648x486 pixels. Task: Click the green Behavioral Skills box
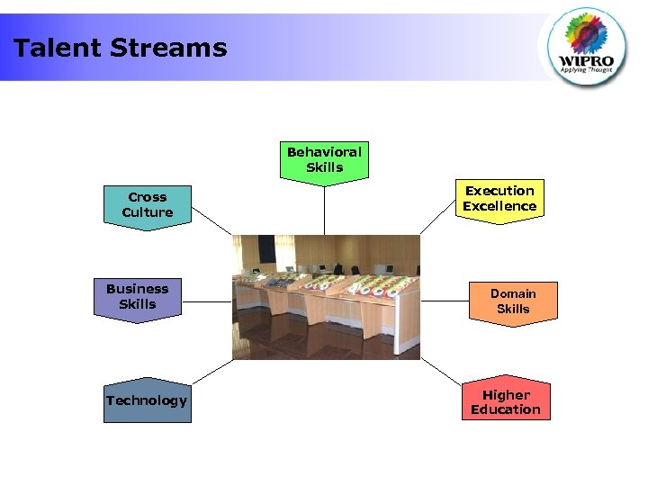(324, 160)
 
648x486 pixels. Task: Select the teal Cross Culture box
(148, 205)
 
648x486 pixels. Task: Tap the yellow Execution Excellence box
(499, 199)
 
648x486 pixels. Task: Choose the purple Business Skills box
(137, 297)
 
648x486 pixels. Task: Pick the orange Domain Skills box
(513, 301)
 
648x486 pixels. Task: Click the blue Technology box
(147, 400)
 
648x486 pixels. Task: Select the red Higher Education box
(506, 402)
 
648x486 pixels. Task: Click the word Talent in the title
(55, 48)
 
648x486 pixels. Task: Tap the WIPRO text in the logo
(590, 52)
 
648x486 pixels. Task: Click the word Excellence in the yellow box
(499, 206)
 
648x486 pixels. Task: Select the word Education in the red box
(506, 409)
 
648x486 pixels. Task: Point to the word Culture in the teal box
(148, 212)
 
